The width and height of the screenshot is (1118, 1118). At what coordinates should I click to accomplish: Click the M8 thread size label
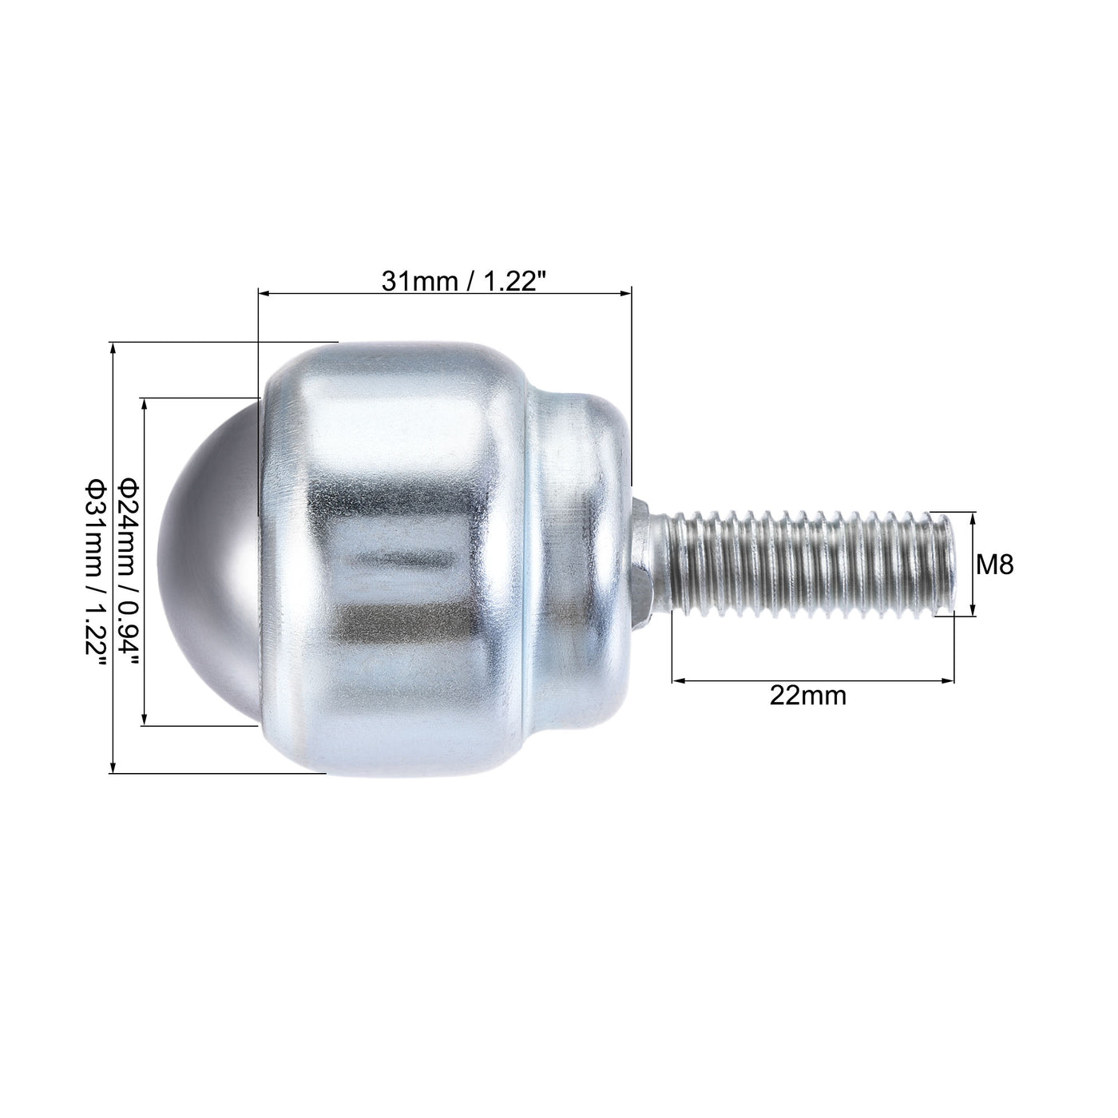click(996, 566)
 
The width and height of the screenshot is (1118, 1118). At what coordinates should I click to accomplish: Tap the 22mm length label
click(808, 696)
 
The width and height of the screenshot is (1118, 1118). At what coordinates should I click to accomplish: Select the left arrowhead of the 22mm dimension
click(678, 680)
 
